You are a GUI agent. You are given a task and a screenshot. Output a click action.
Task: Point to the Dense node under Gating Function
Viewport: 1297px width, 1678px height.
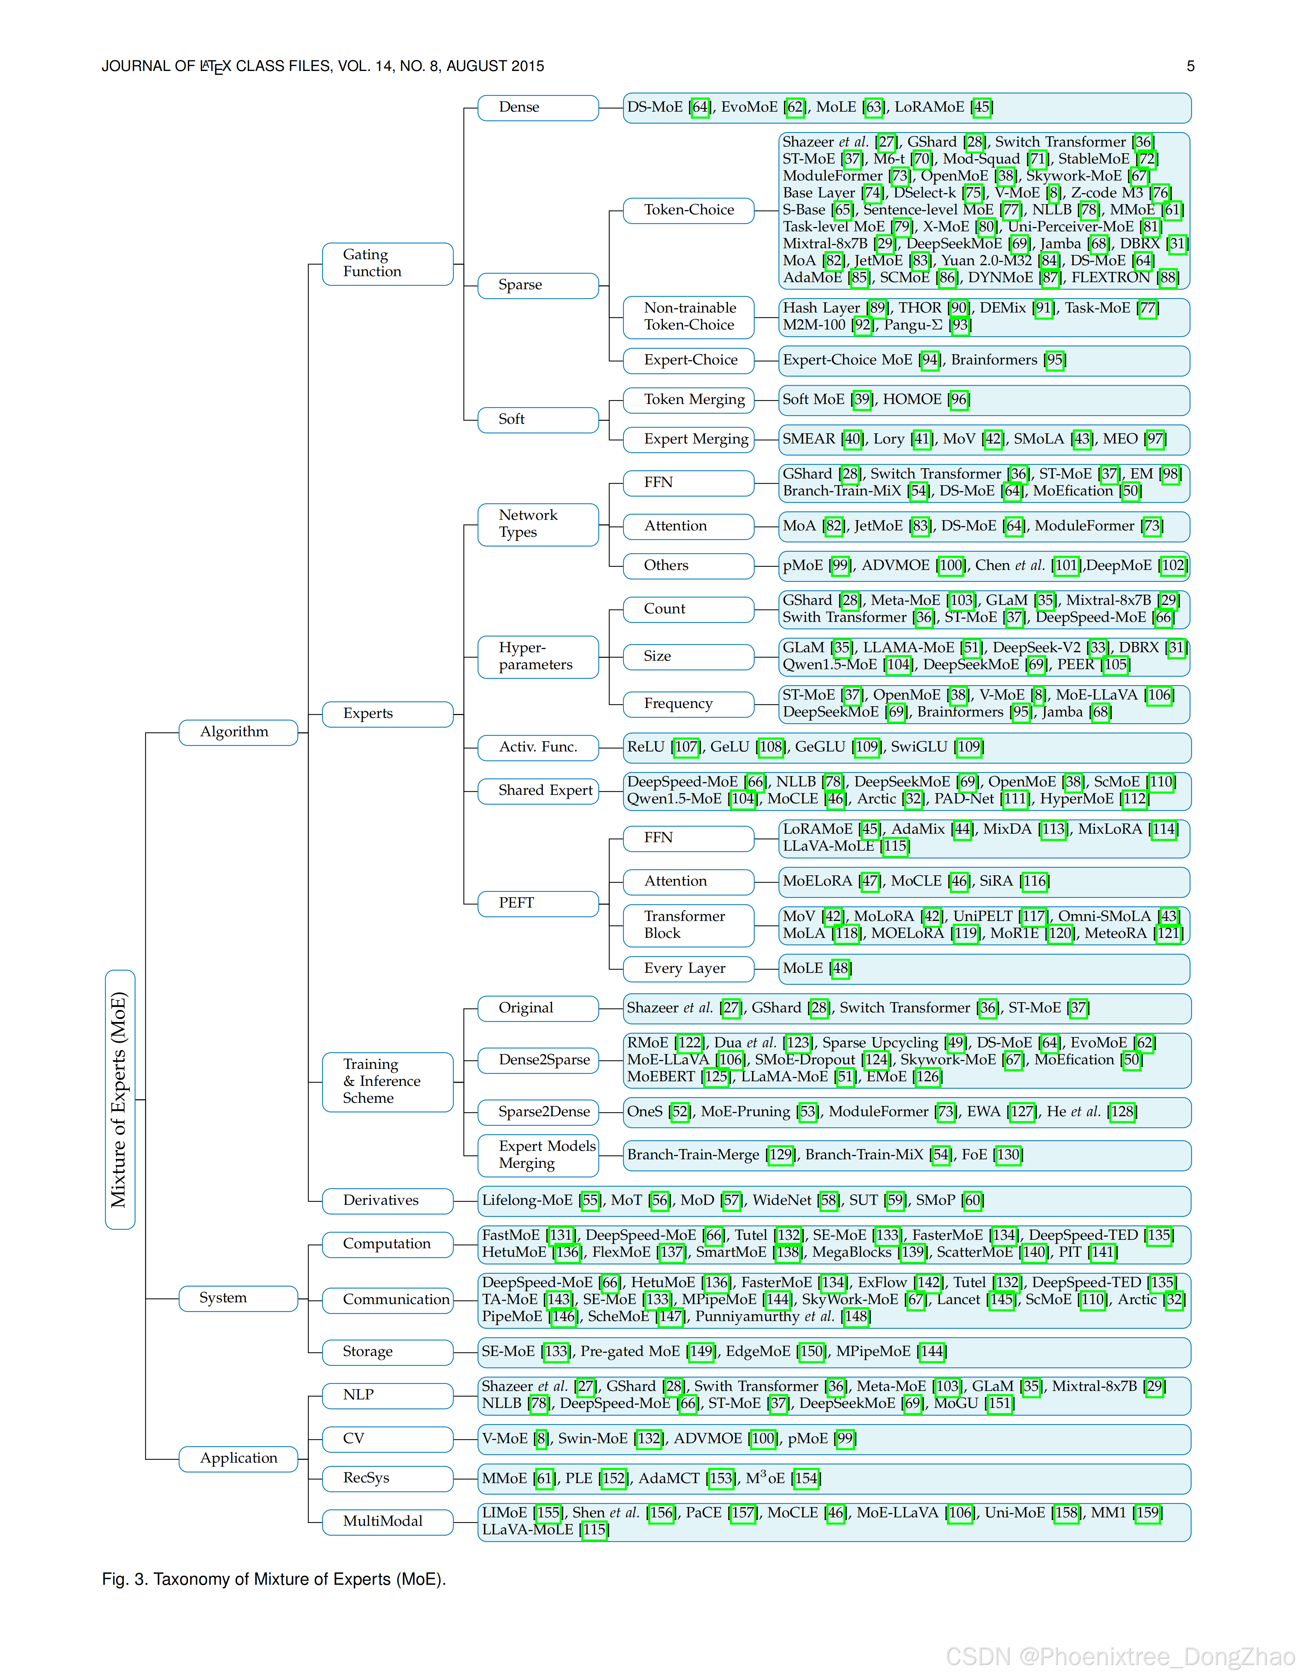coord(537,108)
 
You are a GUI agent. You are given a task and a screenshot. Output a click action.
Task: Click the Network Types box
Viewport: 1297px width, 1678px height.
coord(537,524)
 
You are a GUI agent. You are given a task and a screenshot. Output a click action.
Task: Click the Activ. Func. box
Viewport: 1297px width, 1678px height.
coord(537,747)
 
